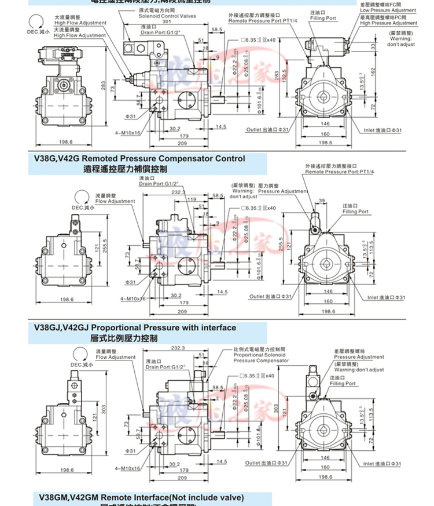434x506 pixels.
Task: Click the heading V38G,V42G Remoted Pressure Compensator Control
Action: pyautogui.click(x=139, y=158)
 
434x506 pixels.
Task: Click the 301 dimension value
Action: pyautogui.click(x=167, y=21)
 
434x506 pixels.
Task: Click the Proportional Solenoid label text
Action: pyautogui.click(x=255, y=355)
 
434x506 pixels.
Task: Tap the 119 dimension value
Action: pyautogui.click(x=191, y=198)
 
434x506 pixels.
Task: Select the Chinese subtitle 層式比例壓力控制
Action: pyautogui.click(x=124, y=337)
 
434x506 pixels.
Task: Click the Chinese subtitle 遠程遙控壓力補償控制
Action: pyautogui.click(x=125, y=169)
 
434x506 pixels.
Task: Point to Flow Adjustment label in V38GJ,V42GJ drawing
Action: pyautogui.click(x=115, y=358)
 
